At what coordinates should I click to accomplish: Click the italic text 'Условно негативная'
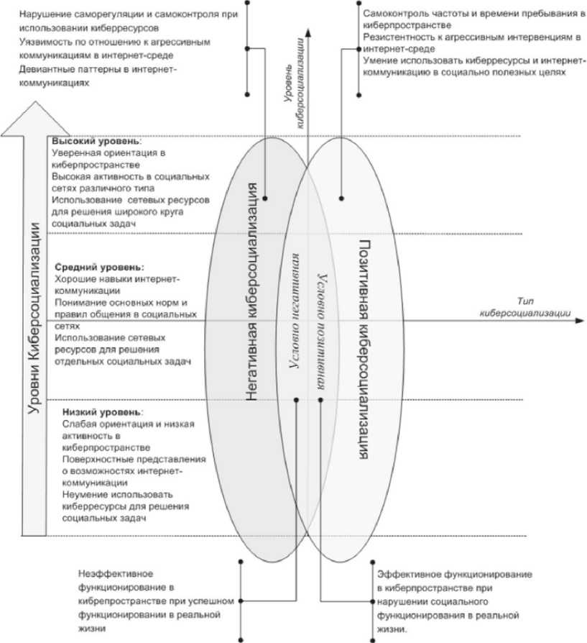(x=293, y=321)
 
